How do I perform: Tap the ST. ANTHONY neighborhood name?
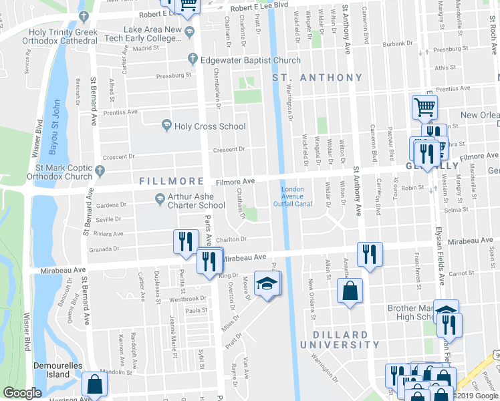pyautogui.click(x=318, y=78)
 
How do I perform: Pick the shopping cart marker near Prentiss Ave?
pyautogui.click(x=424, y=106)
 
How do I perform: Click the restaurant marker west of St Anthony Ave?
pyautogui.click(x=368, y=253)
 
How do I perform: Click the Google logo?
pyautogui.click(x=22, y=393)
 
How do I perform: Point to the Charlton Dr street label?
pyautogui.click(x=231, y=239)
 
